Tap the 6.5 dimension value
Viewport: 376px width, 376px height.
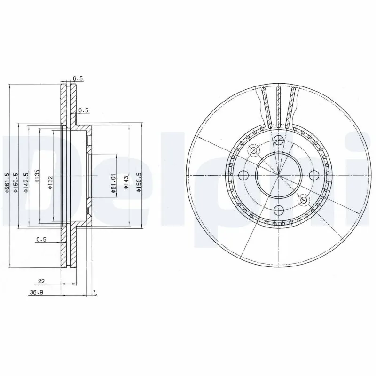coord(77,79)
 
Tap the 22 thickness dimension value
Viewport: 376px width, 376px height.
coord(41,282)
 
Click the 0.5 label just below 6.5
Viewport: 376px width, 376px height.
coord(84,110)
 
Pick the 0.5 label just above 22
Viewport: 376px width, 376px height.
coord(41,240)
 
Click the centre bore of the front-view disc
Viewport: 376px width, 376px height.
coord(278,175)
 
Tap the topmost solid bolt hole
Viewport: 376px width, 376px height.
coord(278,140)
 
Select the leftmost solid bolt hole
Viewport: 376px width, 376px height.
coord(243,175)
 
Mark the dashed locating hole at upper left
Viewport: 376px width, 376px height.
coord(254,150)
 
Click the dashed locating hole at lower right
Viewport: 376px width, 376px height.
coord(303,200)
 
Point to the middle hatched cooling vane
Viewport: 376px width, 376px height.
coord(278,107)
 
